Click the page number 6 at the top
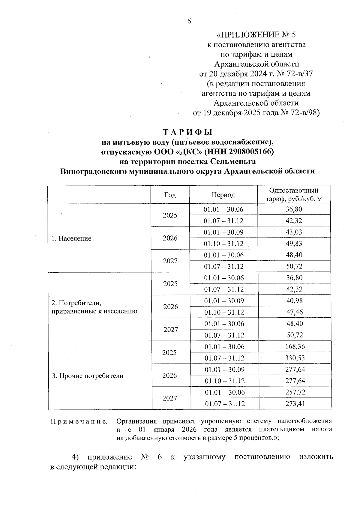189,21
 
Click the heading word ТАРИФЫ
187,132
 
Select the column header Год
170,195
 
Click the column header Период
223,195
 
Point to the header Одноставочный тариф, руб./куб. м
294,195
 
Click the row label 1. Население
71,238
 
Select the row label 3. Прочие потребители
88,376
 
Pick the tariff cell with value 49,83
294,244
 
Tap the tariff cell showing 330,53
295,358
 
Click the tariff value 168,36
295,347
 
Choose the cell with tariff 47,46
295,312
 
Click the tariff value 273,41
295,404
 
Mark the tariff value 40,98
294,301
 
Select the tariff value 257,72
295,392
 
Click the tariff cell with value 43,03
294,232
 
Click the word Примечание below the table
79,421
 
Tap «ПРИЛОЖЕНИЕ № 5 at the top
256,35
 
